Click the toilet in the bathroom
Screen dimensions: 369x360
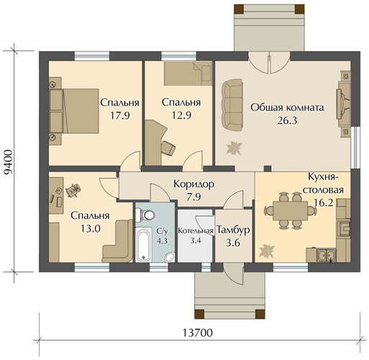tap(145, 215)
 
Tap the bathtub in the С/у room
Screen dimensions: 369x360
tap(144, 245)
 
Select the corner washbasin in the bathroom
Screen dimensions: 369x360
tap(170, 257)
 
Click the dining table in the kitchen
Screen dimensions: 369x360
tap(290, 210)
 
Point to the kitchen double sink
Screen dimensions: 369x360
tap(327, 256)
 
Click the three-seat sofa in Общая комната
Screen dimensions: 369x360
tap(232, 105)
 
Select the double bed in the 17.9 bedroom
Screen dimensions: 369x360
tap(74, 111)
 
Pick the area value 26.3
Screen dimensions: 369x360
tap(287, 120)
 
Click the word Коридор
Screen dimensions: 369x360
tap(193, 184)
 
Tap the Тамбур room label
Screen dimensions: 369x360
tap(233, 230)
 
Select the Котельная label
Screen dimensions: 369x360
tap(196, 230)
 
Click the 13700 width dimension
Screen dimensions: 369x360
tap(198, 333)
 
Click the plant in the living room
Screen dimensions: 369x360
tap(234, 148)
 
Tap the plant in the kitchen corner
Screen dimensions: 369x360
tap(266, 251)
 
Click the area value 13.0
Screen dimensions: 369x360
tap(90, 229)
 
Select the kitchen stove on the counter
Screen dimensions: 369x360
tap(344, 227)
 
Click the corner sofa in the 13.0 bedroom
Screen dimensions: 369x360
tap(118, 240)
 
